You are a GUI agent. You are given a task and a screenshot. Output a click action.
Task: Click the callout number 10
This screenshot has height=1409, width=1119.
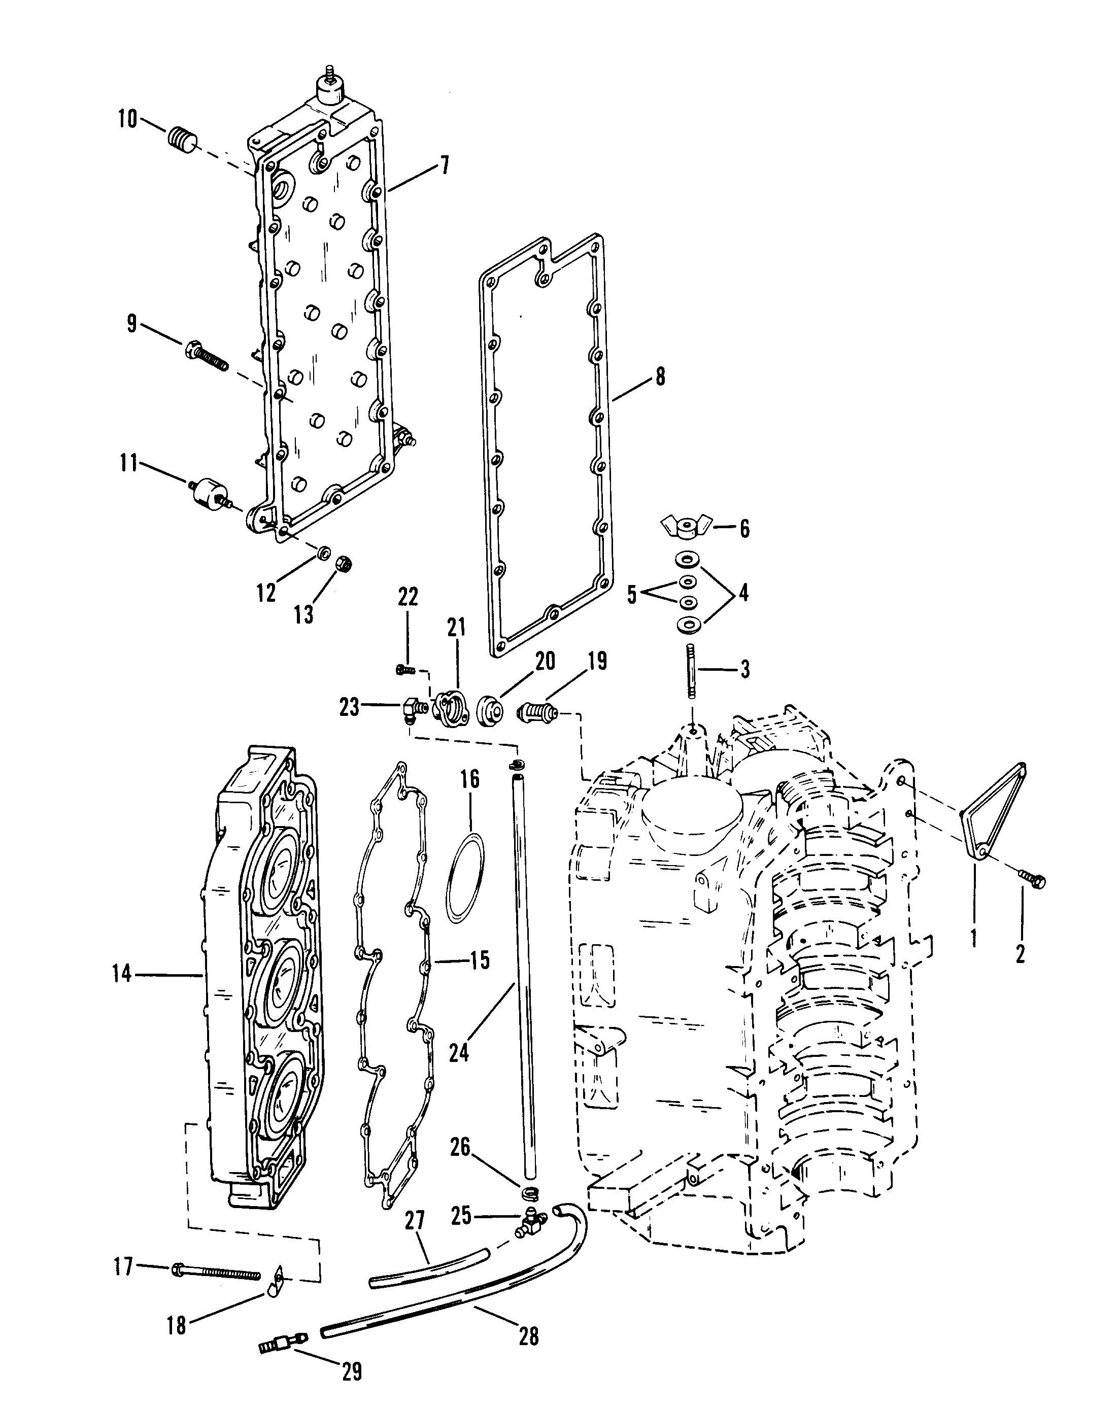tap(127, 120)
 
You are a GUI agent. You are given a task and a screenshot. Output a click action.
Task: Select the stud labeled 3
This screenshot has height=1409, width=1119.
tap(690, 671)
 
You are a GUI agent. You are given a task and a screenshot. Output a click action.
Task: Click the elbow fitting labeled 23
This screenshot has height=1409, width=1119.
tap(413, 708)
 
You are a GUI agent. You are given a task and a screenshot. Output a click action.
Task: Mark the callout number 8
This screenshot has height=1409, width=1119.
tap(660, 377)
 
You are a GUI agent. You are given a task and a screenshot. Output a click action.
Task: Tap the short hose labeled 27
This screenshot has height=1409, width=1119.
tap(428, 1273)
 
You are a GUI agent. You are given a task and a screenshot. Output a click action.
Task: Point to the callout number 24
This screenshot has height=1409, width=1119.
tap(459, 1053)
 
